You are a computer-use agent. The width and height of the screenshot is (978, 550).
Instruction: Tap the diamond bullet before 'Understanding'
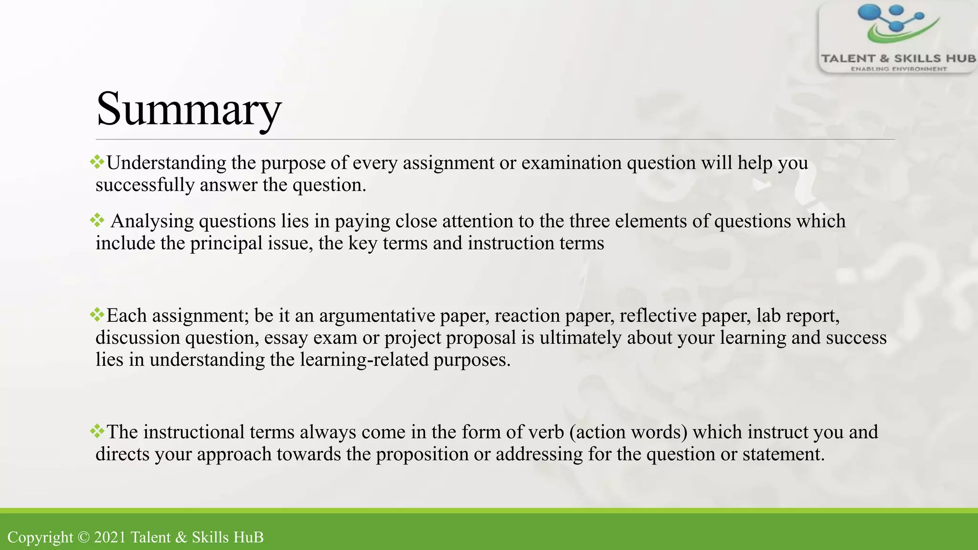(97, 162)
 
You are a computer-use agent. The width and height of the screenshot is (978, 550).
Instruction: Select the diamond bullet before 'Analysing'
(97, 221)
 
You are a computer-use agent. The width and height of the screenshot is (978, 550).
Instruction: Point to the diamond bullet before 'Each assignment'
(97, 315)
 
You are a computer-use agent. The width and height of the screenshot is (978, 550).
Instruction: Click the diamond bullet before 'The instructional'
(97, 432)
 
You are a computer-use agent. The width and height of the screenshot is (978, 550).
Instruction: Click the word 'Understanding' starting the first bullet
(166, 163)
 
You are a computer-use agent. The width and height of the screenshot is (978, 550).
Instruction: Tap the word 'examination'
(571, 163)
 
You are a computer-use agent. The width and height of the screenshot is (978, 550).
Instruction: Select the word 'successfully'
(145, 185)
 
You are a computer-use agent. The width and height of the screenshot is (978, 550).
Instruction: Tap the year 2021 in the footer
(110, 537)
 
